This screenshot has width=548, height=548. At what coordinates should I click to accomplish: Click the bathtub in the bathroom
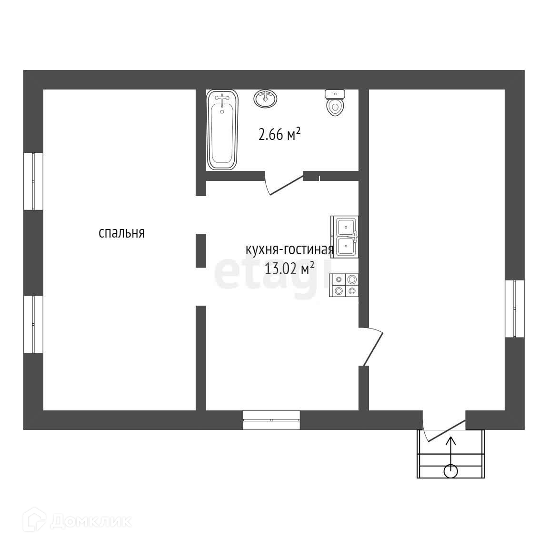click(x=222, y=130)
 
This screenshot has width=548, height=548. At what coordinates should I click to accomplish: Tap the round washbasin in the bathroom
click(x=265, y=99)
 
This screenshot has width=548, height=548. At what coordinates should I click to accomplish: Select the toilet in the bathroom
click(x=335, y=102)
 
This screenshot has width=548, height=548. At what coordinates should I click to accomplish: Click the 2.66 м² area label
click(x=279, y=135)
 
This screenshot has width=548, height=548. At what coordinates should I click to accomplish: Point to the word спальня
click(x=121, y=233)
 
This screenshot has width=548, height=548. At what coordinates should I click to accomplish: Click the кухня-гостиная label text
click(x=289, y=249)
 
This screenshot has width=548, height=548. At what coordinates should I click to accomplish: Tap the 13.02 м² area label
click(x=289, y=269)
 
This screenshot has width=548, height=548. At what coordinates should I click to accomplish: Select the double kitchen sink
click(x=345, y=237)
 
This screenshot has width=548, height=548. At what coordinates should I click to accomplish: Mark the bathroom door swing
click(x=284, y=185)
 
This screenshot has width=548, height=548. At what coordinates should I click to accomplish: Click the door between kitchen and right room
click(x=371, y=347)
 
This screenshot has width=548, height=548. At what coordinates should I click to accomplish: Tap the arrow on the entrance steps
click(x=450, y=450)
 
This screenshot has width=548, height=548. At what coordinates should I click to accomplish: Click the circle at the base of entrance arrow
click(x=450, y=471)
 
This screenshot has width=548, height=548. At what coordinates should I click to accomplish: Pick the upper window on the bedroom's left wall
click(x=33, y=181)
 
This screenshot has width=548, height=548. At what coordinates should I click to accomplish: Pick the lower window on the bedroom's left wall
click(x=33, y=324)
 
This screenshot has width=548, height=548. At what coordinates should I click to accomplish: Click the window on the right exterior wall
click(x=515, y=309)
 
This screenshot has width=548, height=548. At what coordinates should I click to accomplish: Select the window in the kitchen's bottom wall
click(x=271, y=420)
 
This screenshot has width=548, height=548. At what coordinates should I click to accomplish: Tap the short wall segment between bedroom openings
click(x=201, y=250)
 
